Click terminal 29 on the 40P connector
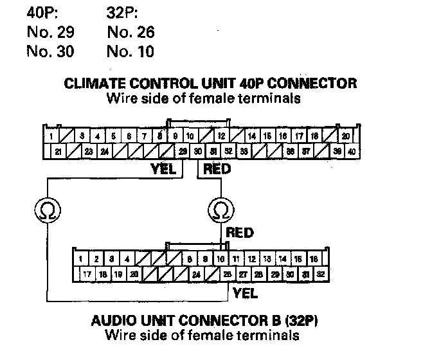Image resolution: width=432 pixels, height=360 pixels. [x=183, y=152]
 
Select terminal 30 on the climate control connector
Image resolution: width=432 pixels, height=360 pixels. [x=198, y=152]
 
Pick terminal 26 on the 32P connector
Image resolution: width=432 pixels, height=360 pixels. [x=227, y=274]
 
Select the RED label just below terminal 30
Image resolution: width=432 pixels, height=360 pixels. [x=217, y=169]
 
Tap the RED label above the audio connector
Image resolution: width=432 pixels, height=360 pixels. [x=239, y=233]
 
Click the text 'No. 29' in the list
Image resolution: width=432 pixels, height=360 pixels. [x=50, y=32]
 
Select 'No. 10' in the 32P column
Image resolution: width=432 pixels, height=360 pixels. [x=131, y=51]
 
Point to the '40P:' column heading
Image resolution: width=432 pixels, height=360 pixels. [x=42, y=12]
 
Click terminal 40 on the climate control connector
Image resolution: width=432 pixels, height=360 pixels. [x=351, y=152]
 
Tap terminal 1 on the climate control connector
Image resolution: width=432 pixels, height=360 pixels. [x=50, y=136]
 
